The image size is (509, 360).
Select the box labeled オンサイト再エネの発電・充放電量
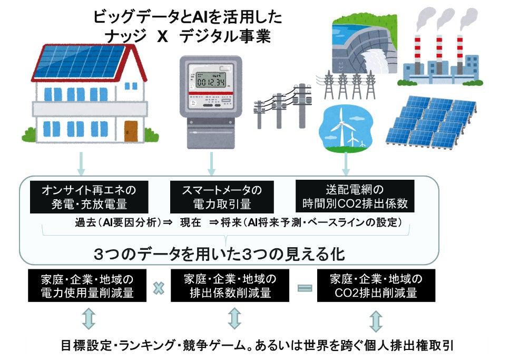pos(88,197)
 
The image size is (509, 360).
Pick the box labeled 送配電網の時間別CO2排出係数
pos(355,196)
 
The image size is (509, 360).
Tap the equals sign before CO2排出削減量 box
pos(305,288)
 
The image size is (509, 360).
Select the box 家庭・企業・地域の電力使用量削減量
pos(87,286)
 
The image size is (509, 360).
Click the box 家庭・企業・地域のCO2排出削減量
pos(376,286)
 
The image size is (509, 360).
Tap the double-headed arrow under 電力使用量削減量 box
pos(87,319)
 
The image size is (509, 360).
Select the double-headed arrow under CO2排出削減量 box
pos(375,320)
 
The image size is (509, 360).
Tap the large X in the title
pos(162,37)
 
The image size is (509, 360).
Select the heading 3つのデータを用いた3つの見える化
pos(219,254)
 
